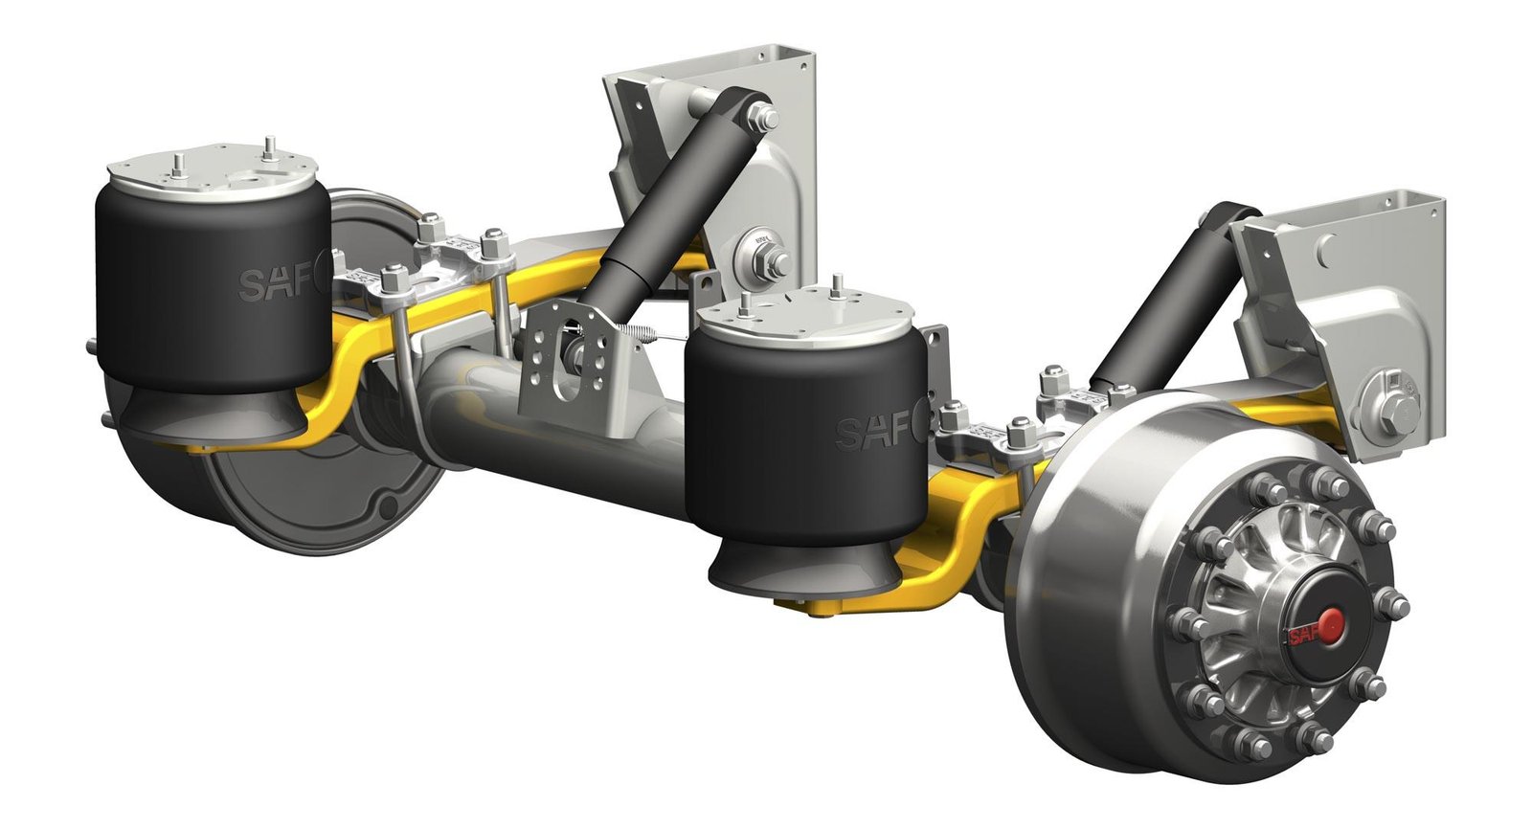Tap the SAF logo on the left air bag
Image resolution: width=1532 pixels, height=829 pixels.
[x=270, y=283]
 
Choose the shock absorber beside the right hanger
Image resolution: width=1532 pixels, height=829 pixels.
[x=1159, y=306]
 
